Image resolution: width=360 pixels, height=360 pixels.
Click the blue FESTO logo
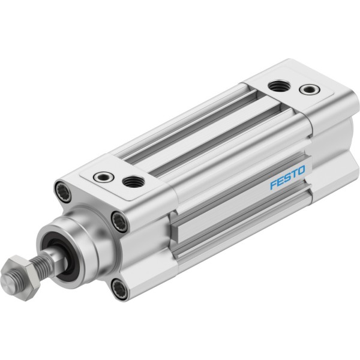coord(287,177)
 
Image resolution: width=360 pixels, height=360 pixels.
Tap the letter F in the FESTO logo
coord(273,184)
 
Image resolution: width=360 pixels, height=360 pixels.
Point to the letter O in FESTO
coord(301,170)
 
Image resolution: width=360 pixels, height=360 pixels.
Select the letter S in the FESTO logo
coord(287,178)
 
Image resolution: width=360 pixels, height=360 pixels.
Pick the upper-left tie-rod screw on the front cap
coord(63,192)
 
